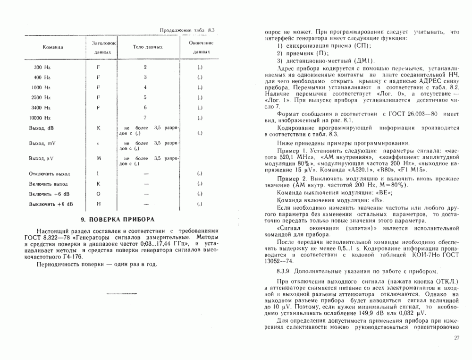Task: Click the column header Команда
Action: [x=53, y=47]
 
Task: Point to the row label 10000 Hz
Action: [x=40, y=117]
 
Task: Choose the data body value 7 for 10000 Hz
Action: [x=145, y=117]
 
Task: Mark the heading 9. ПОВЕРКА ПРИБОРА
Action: [x=118, y=220]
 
